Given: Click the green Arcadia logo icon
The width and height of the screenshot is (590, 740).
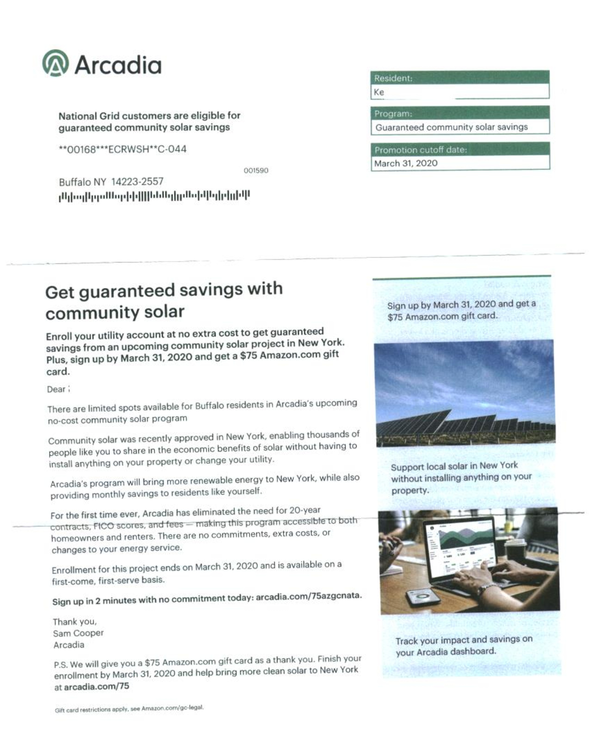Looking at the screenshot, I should pos(55,63).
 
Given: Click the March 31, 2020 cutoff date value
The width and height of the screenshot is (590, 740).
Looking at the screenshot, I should pos(406,163).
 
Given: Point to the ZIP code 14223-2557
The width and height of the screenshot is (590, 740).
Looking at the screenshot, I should pos(137,182).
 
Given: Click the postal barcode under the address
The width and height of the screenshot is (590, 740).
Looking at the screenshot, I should pos(154,196).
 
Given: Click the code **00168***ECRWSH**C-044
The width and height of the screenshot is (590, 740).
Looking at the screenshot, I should pos(123,149).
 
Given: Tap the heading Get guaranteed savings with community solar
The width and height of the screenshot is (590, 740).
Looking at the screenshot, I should pos(164,301).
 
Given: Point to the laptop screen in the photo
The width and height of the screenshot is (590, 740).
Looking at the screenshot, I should pos(459,542).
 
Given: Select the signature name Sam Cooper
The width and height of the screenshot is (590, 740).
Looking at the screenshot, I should pos(78,633).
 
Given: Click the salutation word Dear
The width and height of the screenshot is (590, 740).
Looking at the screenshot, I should pos(56,389).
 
